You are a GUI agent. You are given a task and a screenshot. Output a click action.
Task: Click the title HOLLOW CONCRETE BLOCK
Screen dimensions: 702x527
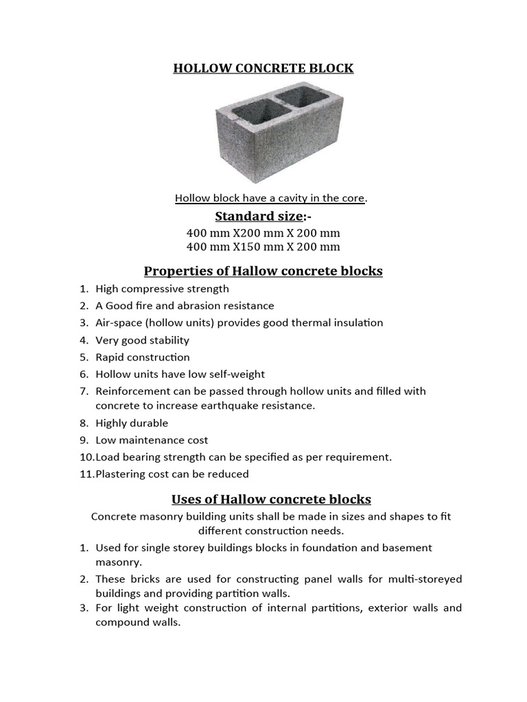tap(263, 69)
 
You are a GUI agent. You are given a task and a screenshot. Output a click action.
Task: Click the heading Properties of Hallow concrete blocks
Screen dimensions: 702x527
tap(263, 271)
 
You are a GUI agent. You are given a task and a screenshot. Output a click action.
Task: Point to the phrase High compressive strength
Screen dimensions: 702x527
tap(162, 289)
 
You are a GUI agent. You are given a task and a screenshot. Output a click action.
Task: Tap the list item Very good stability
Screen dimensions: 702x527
tap(142, 340)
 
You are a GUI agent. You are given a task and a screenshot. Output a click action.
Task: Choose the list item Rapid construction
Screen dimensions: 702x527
tap(142, 357)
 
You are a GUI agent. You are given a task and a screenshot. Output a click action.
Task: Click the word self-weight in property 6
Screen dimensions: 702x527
tap(237, 374)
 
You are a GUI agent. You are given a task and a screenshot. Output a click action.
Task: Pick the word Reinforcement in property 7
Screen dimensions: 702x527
tap(132, 391)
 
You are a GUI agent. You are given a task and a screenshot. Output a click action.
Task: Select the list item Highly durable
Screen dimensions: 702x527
tap(132, 423)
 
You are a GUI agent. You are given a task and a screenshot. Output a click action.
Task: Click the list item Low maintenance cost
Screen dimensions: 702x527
tap(152, 440)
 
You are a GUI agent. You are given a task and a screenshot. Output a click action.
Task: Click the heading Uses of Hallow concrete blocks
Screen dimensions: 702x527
tap(271, 499)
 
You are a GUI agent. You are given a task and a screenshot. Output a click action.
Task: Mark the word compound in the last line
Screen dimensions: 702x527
tap(124, 622)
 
